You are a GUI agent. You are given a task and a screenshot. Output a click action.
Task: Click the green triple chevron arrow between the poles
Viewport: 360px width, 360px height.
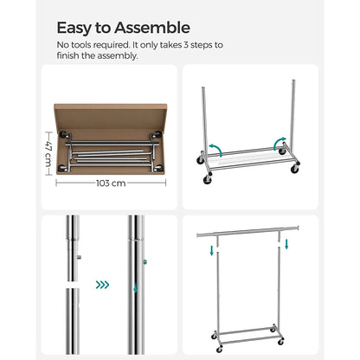point(103,284)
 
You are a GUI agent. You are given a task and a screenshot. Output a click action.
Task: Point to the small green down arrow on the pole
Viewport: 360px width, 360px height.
point(133,290)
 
